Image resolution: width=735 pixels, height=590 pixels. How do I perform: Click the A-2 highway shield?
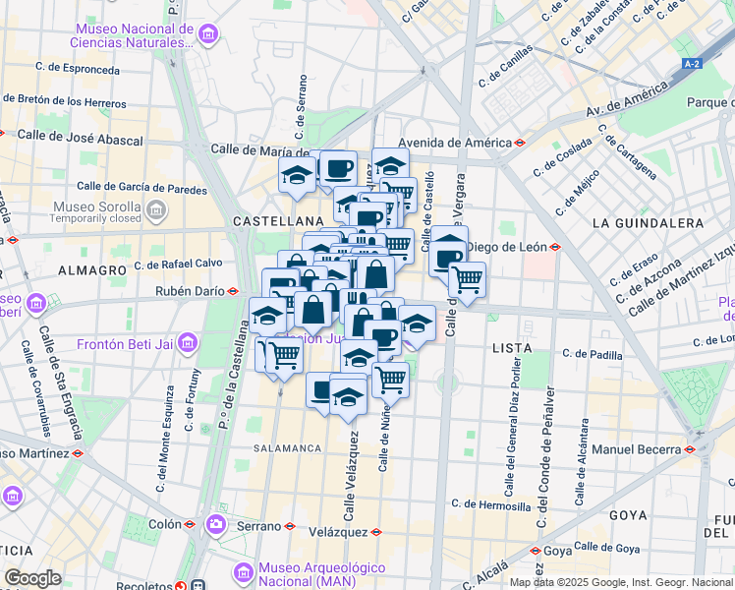tap(693, 64)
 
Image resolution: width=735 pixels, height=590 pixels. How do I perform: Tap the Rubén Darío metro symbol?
tap(234, 291)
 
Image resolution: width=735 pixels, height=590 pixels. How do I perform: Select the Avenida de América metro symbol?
tap(519, 142)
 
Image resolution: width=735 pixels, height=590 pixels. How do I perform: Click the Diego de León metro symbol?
tap(555, 247)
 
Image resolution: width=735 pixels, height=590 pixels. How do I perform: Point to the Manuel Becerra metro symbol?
tap(690, 449)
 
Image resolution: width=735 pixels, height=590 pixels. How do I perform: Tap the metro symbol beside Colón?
tap(190, 525)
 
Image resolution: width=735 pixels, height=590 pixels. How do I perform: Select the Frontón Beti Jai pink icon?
tap(188, 343)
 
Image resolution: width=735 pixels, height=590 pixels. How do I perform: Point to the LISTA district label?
tap(511, 348)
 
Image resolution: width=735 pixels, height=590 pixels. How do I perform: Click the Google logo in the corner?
tap(32, 577)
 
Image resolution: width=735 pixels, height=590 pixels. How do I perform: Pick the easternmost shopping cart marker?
tap(468, 280)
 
